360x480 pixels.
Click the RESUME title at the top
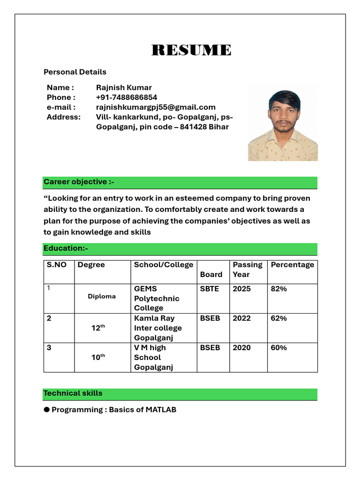[191, 50]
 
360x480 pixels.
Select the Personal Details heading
[75, 72]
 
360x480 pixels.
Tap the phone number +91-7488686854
[127, 97]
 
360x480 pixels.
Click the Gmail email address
[156, 107]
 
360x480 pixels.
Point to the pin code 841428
[193, 127]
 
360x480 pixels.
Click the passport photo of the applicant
[283, 123]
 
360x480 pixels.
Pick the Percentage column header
[292, 265]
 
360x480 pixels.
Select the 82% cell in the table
[279, 289]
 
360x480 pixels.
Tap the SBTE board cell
[210, 289]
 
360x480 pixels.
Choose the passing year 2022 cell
[241, 318]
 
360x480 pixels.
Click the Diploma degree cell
[102, 297]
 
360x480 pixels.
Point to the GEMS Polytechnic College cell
[157, 298]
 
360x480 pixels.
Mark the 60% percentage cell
[279, 348]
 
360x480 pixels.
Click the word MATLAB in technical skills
[161, 410]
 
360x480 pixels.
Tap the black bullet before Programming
[47, 410]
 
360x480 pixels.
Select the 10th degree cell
[98, 357]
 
